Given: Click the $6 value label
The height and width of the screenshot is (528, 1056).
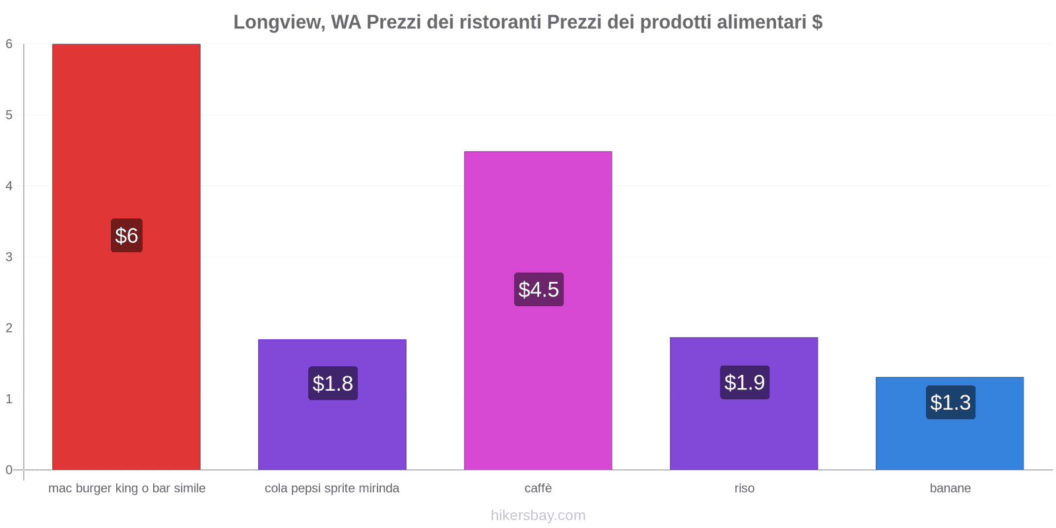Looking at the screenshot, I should (x=127, y=236).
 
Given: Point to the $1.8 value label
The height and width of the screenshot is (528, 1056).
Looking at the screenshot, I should (x=333, y=383).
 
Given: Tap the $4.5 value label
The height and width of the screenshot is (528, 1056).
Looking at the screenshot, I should (x=539, y=290).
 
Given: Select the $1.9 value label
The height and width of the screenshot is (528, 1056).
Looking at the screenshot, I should (x=744, y=382).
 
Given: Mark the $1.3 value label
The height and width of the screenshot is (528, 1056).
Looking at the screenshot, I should (x=950, y=403).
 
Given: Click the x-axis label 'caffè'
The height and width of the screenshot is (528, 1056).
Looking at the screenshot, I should (x=538, y=488).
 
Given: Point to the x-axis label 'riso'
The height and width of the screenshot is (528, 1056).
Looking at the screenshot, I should (x=744, y=488).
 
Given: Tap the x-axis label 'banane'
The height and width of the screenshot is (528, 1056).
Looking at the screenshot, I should (x=950, y=488).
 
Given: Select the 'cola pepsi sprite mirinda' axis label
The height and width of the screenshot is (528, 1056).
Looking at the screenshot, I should (x=332, y=488).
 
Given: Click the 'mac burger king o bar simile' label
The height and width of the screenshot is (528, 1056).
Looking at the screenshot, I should (x=127, y=488).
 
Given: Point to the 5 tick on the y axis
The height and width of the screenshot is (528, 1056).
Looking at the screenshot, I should (x=9, y=115).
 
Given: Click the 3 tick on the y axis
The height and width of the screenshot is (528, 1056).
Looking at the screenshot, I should (x=9, y=257).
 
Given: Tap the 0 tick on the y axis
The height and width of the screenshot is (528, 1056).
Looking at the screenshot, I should (x=9, y=470).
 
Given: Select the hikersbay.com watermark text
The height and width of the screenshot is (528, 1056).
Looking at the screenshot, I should (x=538, y=515).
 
